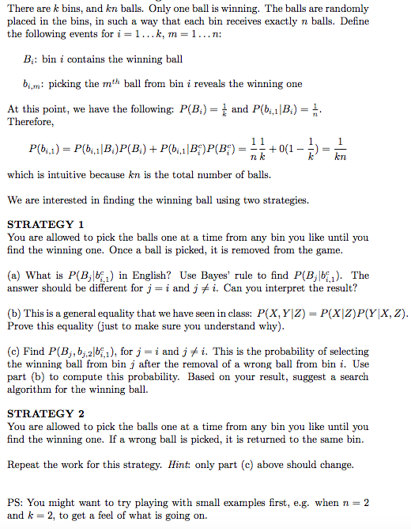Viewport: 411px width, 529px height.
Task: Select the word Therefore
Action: point(30,122)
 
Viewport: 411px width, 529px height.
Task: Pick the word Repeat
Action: point(24,465)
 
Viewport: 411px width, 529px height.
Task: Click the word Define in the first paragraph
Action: point(385,21)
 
